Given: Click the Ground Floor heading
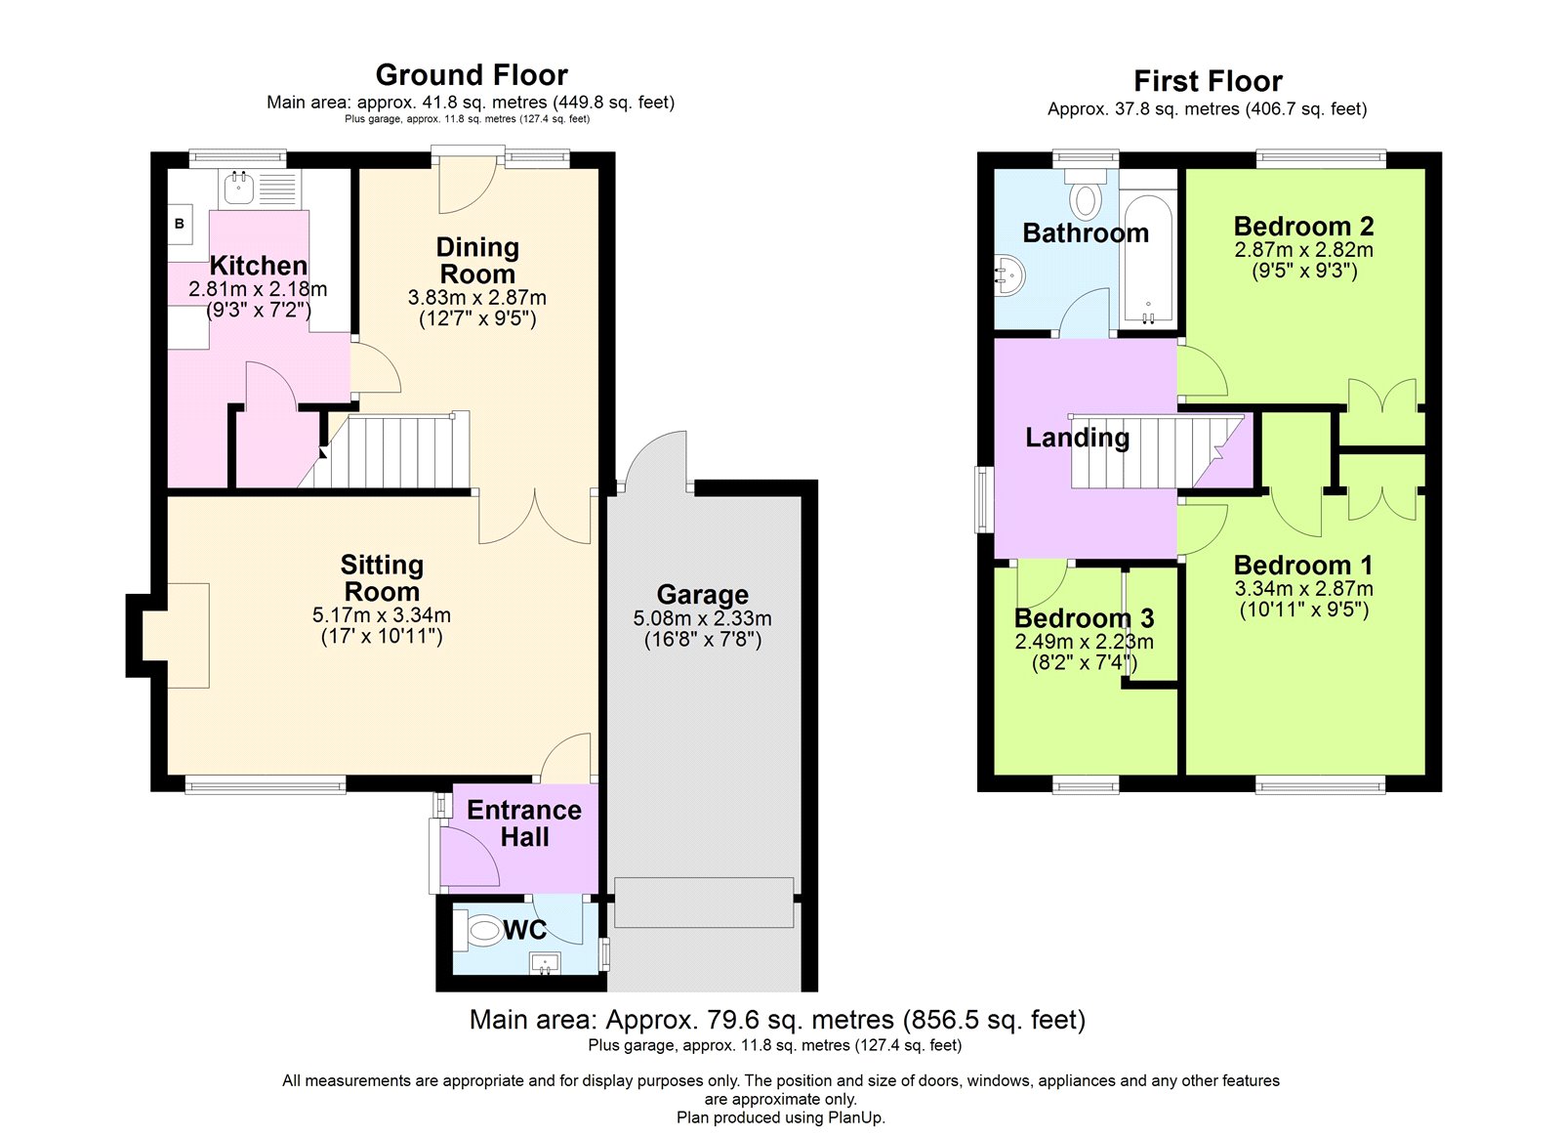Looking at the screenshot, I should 472,75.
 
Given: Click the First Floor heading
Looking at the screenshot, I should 1208,81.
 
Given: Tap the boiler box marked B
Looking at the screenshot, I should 180,224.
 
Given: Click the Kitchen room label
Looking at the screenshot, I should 259,266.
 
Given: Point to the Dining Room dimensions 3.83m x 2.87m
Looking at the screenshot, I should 476,298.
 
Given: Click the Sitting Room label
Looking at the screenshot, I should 382,578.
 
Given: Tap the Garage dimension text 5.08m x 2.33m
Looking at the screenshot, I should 702,618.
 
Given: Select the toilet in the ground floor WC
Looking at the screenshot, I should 481,930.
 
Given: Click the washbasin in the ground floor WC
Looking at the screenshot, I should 545,964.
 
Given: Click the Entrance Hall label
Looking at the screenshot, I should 524,823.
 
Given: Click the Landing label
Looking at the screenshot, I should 1077,438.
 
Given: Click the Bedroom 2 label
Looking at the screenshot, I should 1303,227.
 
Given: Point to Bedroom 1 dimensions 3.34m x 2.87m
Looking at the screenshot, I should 1303,589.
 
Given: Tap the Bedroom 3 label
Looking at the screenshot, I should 1084,618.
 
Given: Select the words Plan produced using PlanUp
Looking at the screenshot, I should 780,1117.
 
